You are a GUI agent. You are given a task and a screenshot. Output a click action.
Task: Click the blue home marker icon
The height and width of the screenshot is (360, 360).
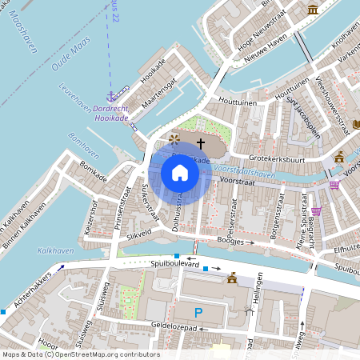click(x=180, y=173)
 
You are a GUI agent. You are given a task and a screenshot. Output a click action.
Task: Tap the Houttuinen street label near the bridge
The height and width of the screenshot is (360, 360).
click(x=237, y=102)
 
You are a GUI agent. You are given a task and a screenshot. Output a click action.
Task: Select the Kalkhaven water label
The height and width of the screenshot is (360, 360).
click(x=54, y=250)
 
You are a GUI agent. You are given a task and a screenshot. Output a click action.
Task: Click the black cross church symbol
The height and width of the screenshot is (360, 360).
click(x=200, y=142)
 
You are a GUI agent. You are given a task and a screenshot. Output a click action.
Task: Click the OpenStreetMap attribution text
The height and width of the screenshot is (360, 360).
click(x=80, y=354)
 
